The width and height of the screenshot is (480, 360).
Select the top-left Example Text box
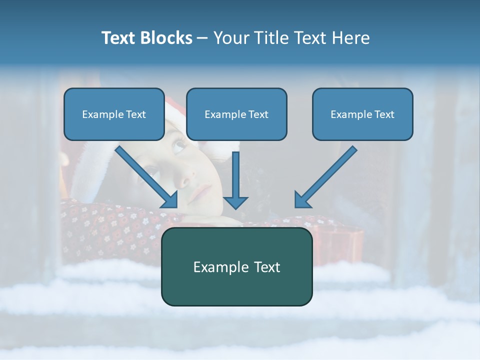(114, 114)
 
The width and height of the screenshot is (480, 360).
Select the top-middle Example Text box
(236, 114)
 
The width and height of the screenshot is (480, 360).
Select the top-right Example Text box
(362, 114)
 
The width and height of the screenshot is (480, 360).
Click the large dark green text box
(236, 266)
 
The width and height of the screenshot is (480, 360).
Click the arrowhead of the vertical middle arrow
(235, 202)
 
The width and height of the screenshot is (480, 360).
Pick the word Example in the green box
(216, 267)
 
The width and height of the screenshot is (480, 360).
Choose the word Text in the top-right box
(384, 114)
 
